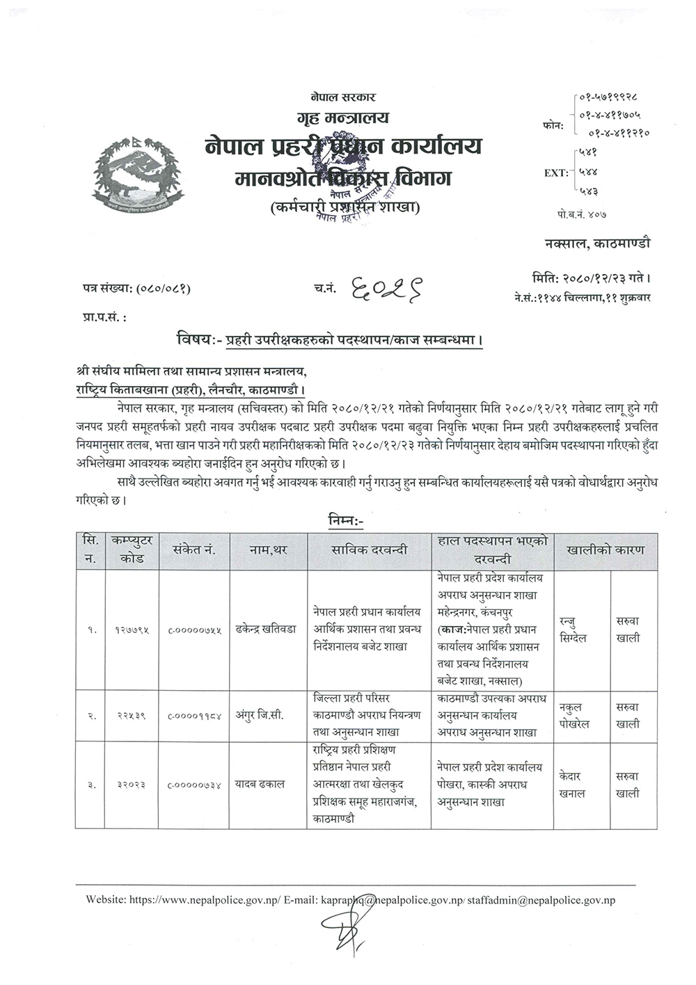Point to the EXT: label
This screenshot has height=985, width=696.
coord(556,173)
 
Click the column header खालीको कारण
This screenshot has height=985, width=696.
coord(605,550)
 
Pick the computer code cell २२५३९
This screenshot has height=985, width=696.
coord(130,716)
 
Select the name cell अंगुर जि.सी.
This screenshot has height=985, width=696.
coord(259,716)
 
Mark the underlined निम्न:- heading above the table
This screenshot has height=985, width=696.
coord(344,519)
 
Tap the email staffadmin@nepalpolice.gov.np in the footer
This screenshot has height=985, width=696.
coord(541,899)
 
